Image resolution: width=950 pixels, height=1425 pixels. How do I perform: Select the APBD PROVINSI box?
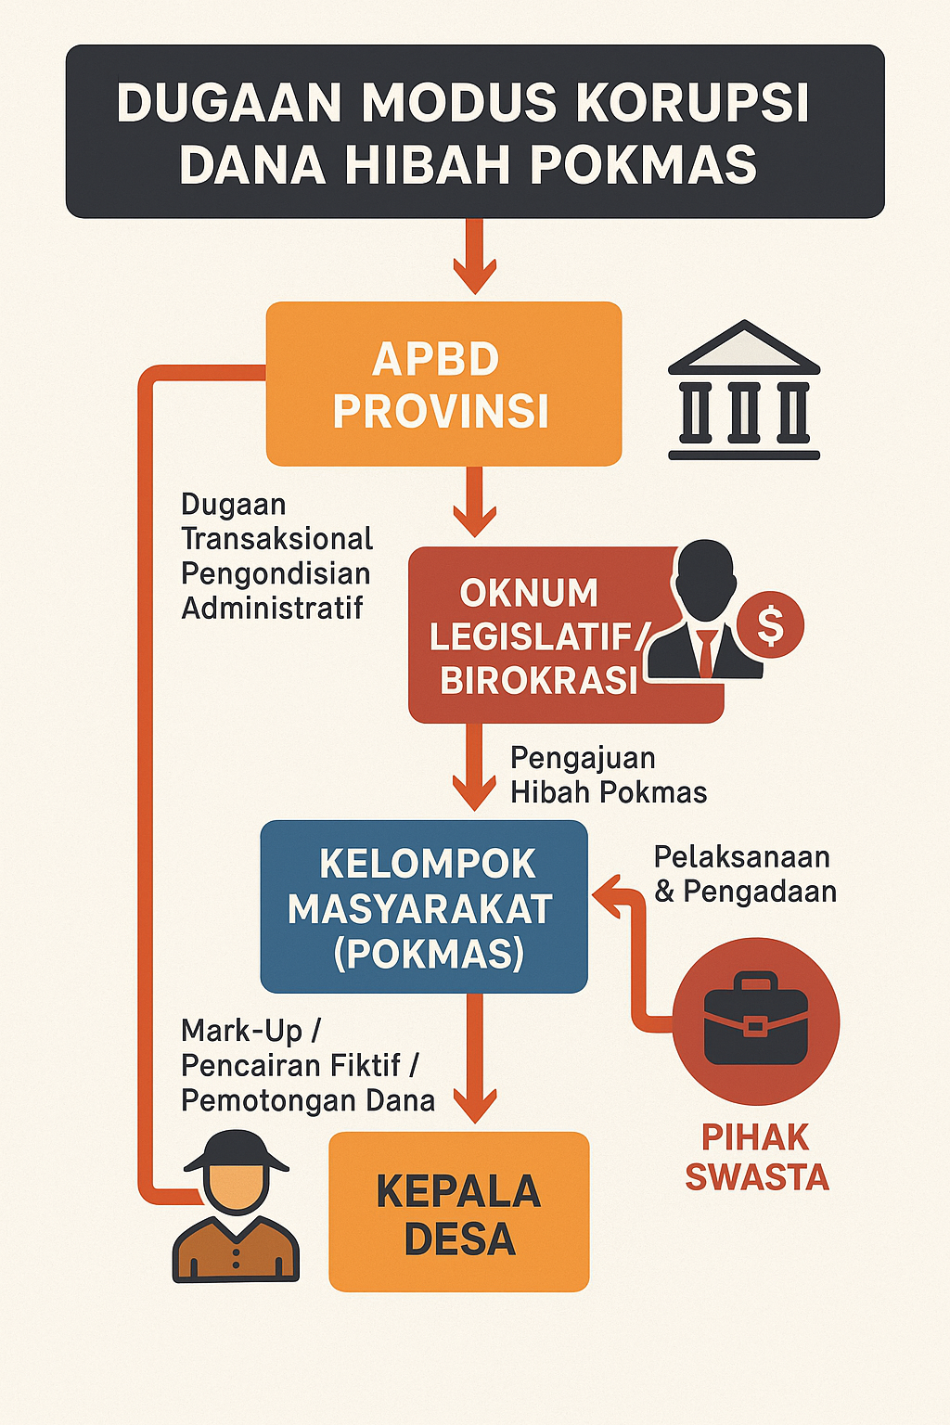(443, 383)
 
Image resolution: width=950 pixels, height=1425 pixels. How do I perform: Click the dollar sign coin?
(771, 624)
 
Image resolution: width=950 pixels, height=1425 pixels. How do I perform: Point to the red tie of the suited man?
(705, 653)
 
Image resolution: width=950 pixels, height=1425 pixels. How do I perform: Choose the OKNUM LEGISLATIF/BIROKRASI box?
(566, 635)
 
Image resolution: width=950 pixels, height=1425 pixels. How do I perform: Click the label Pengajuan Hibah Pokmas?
(609, 775)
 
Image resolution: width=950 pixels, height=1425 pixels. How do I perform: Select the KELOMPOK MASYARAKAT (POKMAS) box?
(424, 906)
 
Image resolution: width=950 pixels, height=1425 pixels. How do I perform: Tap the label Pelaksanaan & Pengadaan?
(744, 874)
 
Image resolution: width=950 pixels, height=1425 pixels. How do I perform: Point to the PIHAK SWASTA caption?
(756, 1157)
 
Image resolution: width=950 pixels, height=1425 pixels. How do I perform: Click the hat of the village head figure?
(236, 1151)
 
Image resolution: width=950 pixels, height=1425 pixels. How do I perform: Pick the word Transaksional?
(276, 539)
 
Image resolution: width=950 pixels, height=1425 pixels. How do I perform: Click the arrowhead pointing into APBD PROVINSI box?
(475, 276)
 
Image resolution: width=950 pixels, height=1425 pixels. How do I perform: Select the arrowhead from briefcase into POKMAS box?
(607, 895)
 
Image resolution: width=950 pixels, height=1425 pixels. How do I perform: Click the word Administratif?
(273, 609)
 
